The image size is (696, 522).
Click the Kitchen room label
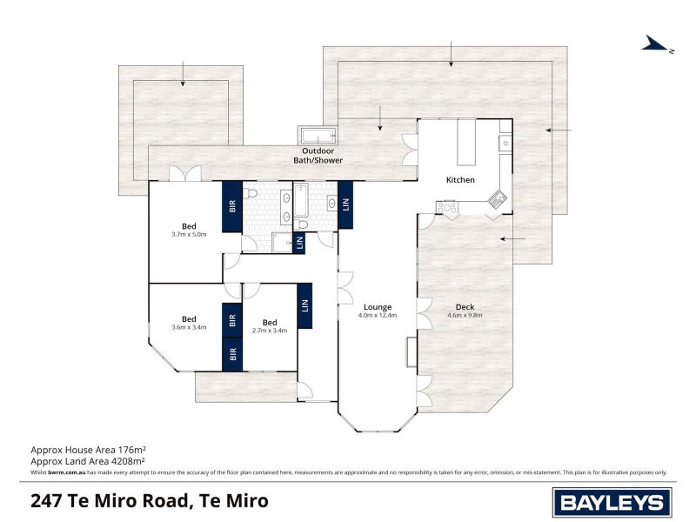(460, 180)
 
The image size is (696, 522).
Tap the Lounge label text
(378, 306)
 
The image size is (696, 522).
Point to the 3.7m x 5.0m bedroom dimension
(189, 234)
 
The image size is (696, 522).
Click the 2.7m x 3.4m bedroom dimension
(270, 331)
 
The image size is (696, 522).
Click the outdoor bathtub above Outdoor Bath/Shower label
(318, 136)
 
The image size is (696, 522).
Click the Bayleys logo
(612, 502)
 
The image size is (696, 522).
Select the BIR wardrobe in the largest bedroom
(232, 206)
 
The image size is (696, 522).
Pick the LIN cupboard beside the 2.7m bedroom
(304, 305)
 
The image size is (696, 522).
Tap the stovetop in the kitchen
(449, 207)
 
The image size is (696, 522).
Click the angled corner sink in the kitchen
(498, 199)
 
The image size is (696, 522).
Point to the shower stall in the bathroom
(283, 243)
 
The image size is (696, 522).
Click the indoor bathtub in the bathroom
(300, 199)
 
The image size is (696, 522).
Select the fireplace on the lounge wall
(410, 351)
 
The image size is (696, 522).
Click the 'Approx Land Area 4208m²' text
(87, 461)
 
